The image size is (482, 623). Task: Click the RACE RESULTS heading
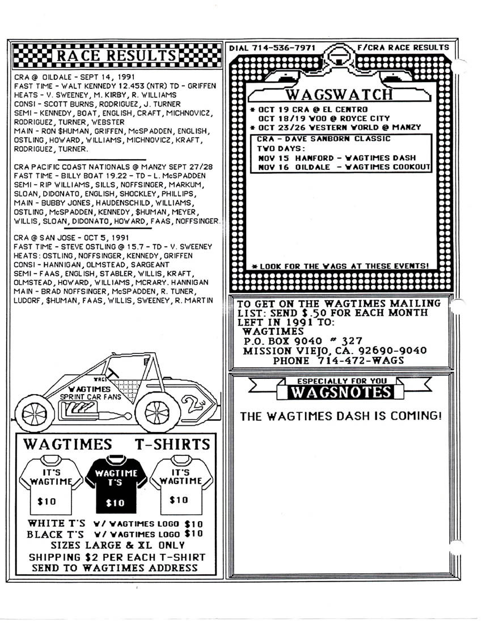pos(116,56)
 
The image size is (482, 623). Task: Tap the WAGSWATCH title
pos(339,94)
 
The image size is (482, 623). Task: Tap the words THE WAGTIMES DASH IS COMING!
pos(340,416)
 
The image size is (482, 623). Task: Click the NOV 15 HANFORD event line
pos(337,157)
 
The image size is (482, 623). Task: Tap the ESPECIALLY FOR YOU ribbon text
pos(339,382)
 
